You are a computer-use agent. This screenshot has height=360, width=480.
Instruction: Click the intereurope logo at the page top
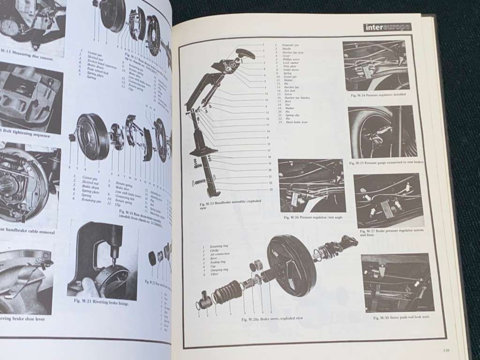tap(387, 27)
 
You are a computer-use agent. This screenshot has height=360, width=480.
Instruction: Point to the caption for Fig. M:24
tap(378, 95)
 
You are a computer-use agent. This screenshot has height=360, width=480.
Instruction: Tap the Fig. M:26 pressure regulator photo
tap(311, 186)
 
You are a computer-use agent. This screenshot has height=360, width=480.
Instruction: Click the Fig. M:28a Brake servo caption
tap(272, 318)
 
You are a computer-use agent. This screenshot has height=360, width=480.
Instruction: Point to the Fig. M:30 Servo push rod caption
tap(402, 317)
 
